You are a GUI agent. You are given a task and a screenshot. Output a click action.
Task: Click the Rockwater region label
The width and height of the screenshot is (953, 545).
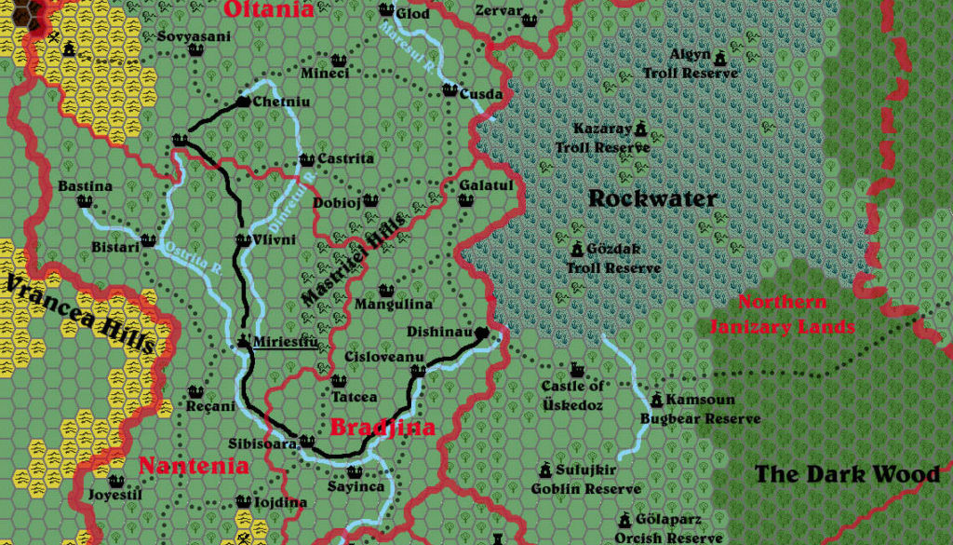point(652,198)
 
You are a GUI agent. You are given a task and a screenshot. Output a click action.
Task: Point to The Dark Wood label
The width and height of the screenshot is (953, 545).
point(846,474)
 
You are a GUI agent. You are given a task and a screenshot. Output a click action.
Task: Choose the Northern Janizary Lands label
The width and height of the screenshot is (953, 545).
point(781,315)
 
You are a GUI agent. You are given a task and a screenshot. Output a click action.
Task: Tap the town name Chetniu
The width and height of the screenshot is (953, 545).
point(281,102)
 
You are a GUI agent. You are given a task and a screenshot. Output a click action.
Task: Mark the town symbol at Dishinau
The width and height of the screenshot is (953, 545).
point(481,334)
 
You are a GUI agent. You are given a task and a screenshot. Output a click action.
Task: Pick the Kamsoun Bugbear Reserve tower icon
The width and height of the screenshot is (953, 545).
point(656,401)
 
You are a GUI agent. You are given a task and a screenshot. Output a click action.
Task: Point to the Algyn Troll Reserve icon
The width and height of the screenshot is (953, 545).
point(719,58)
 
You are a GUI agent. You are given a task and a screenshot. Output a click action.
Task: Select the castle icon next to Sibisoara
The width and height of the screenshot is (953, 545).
point(306,442)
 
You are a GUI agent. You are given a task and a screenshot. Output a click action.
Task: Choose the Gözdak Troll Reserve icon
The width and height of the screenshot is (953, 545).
point(576,251)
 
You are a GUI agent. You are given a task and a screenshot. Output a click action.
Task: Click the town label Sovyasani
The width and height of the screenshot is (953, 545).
point(193,36)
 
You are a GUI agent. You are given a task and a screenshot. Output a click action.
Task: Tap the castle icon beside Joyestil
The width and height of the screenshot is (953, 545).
point(115,482)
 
